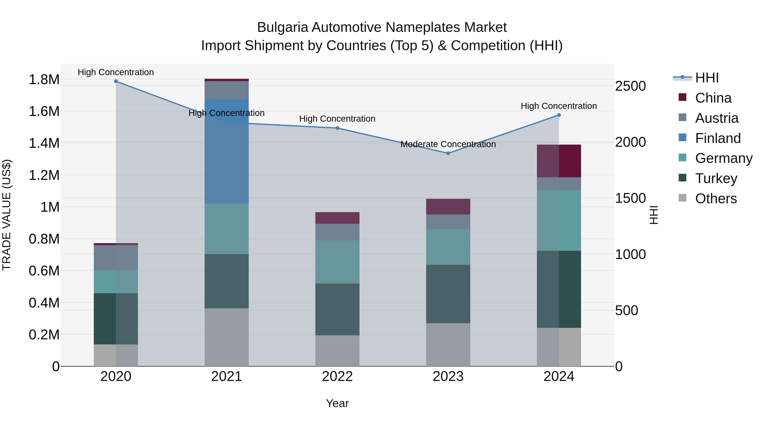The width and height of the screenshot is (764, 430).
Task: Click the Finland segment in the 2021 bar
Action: (x=227, y=151)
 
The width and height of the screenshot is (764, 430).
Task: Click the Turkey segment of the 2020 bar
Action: (x=116, y=319)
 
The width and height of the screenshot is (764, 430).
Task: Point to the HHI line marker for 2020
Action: (x=116, y=81)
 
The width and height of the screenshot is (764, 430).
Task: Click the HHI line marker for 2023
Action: (x=448, y=153)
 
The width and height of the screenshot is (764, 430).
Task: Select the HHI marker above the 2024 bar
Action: (x=559, y=115)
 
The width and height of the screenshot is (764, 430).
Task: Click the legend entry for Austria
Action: (x=716, y=118)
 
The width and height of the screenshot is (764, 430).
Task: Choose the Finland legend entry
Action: (x=718, y=138)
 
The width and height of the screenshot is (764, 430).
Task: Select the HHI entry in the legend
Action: (x=706, y=78)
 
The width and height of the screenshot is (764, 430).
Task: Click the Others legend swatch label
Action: (x=715, y=199)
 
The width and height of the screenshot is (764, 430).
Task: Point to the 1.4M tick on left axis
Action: (x=44, y=143)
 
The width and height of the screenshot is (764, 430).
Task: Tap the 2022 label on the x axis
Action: (x=337, y=376)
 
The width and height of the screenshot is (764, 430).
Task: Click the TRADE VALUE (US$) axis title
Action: (x=7, y=215)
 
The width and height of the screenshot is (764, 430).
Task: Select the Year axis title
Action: (x=337, y=403)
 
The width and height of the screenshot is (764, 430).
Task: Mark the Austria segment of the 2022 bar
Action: (x=337, y=232)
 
